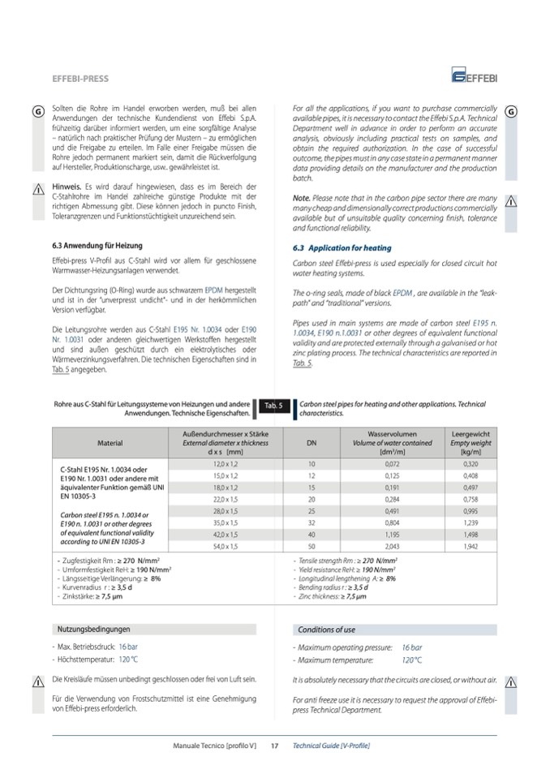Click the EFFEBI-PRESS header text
(x=79, y=79)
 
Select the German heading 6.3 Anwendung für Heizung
(x=92, y=245)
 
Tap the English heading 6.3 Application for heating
(x=341, y=247)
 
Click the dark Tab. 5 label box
(x=273, y=406)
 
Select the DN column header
(x=312, y=444)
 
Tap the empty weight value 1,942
(x=471, y=548)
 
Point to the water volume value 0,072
(x=392, y=462)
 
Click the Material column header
(x=110, y=444)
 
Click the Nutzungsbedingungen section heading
(x=93, y=630)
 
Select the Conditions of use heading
(x=326, y=630)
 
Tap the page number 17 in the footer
(x=275, y=745)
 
